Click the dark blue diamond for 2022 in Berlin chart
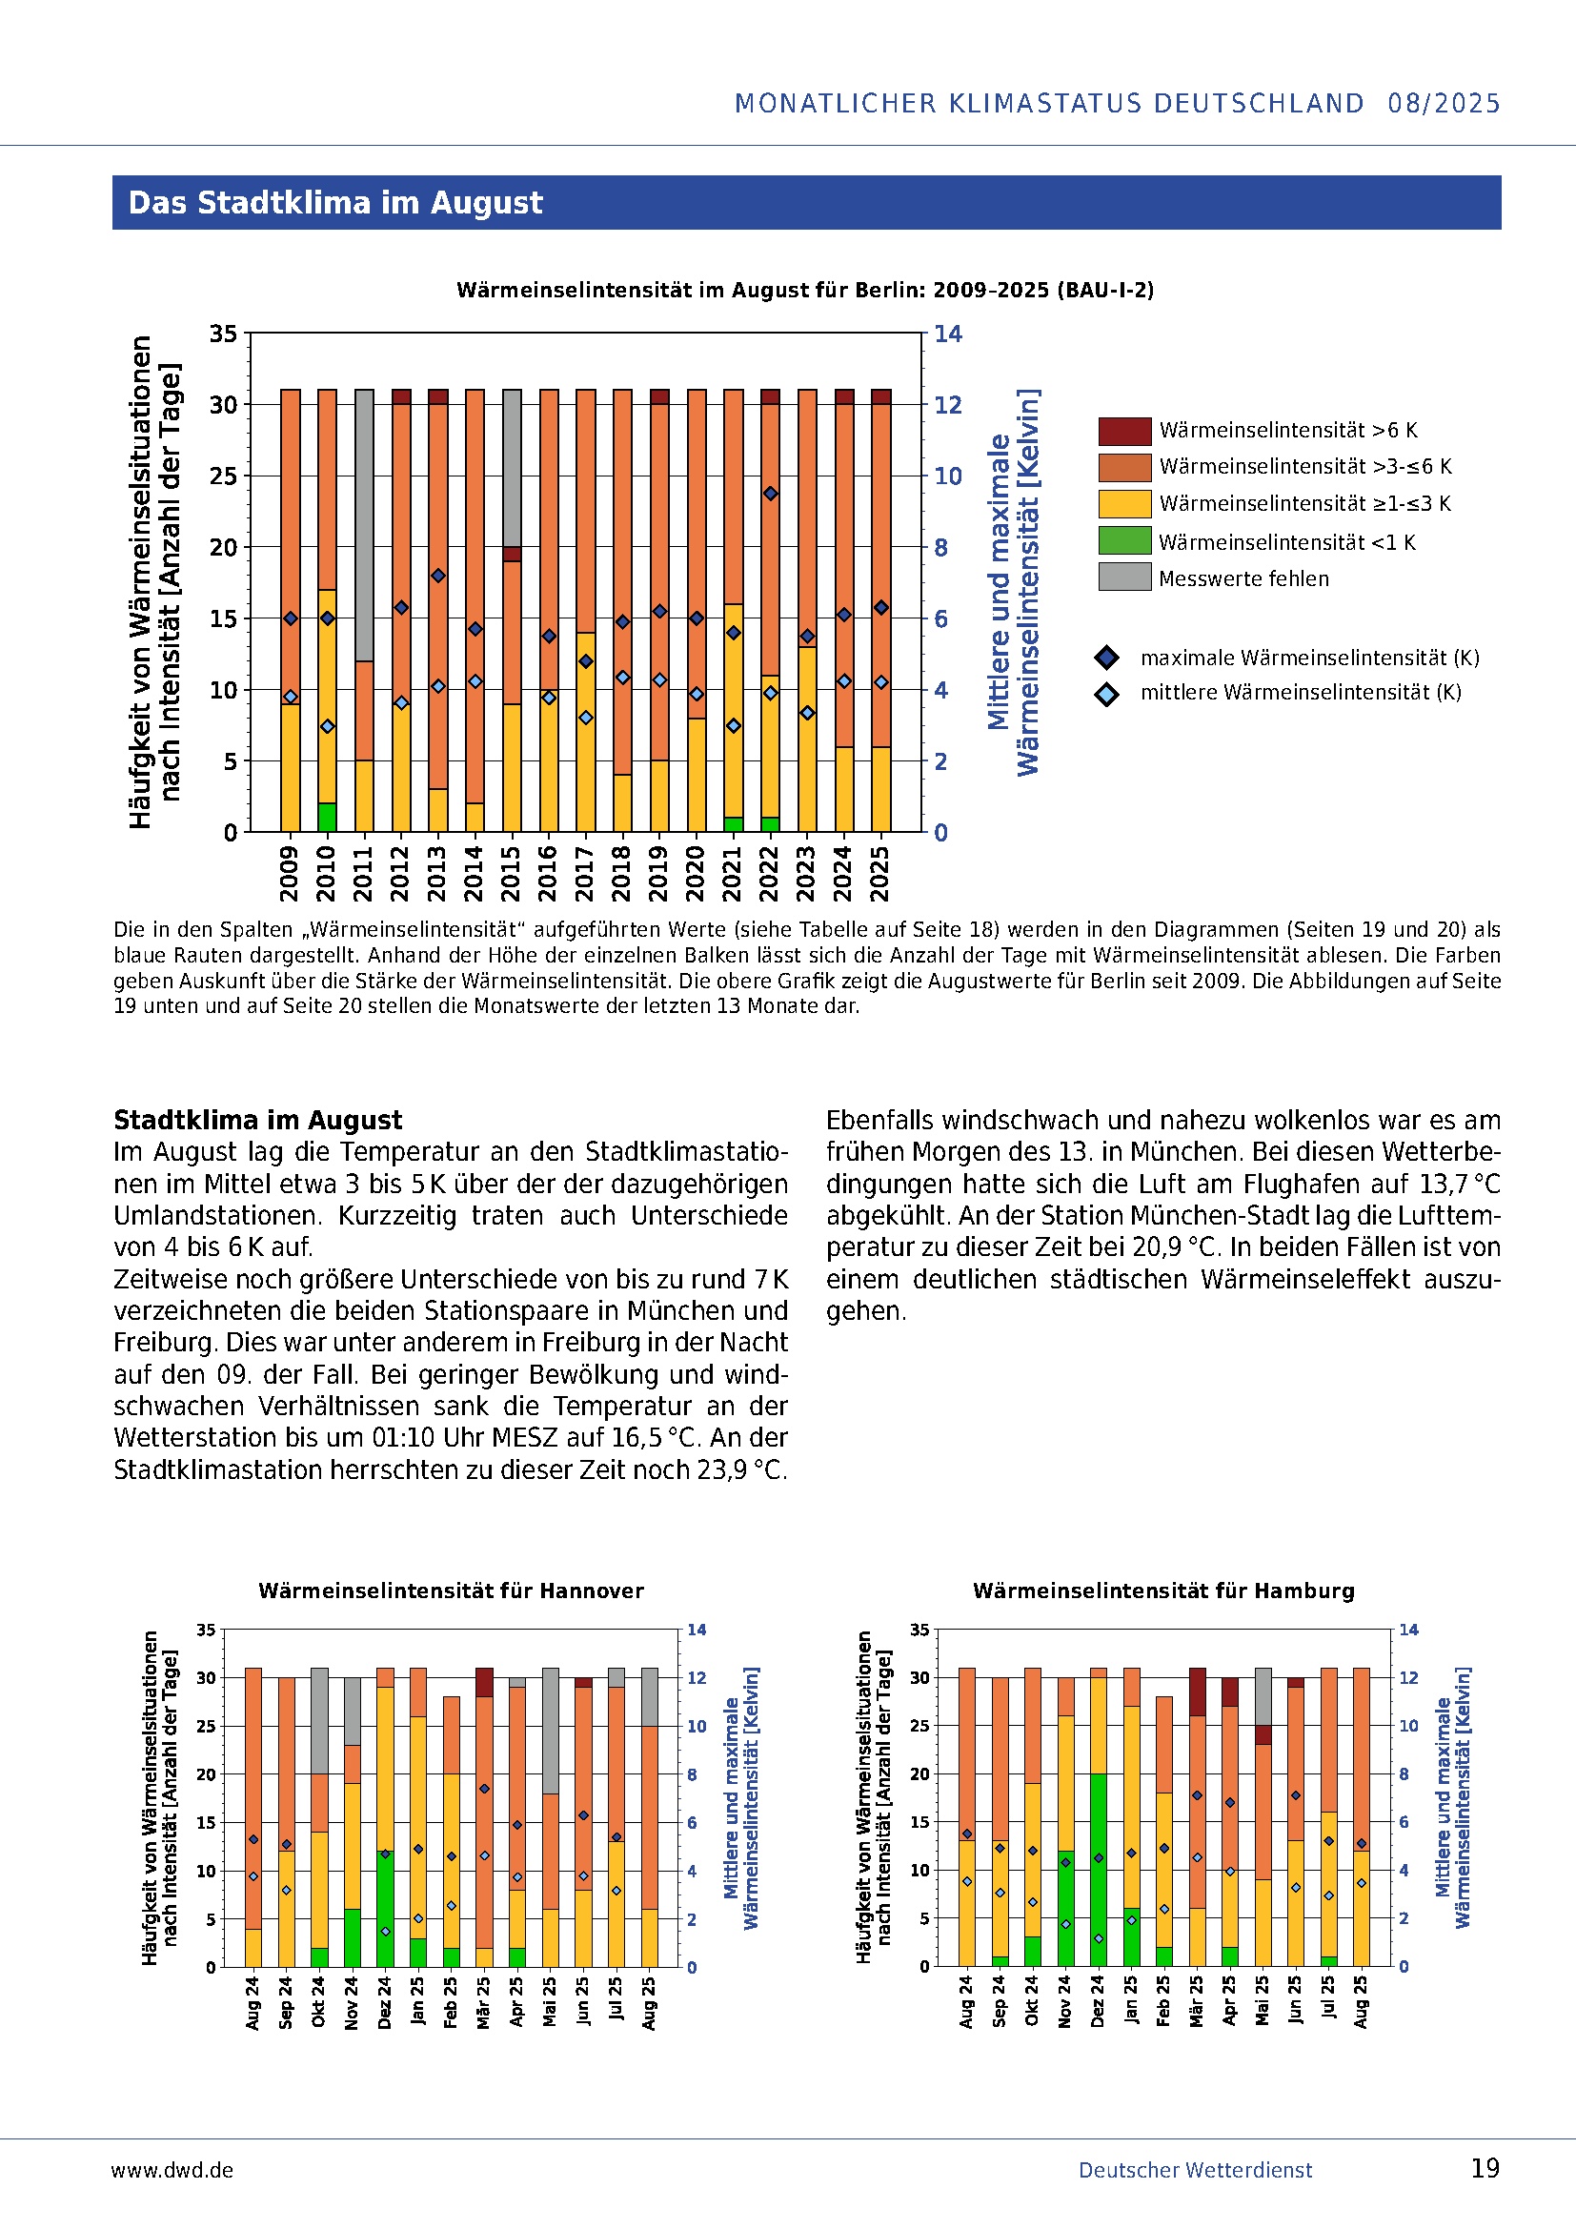click(771, 494)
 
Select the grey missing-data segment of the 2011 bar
click(364, 524)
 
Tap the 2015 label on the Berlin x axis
click(512, 873)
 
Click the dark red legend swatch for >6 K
click(1124, 430)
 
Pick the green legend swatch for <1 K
click(1124, 540)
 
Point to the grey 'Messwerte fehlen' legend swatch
click(1124, 577)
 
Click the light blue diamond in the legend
click(1106, 693)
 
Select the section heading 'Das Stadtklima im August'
click(335, 202)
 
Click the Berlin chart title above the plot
click(804, 291)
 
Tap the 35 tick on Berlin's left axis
click(223, 334)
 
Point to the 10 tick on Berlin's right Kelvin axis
click(948, 476)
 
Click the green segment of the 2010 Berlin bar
click(327, 817)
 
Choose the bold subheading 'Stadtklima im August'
click(257, 1120)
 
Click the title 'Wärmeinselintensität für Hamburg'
click(1163, 1591)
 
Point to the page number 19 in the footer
click(1485, 2169)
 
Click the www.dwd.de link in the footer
click(172, 2170)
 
